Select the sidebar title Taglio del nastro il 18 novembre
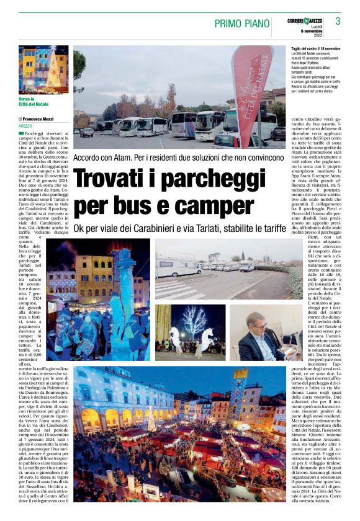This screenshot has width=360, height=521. pyautogui.click(x=315, y=48)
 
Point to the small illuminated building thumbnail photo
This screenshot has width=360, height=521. pyautogui.click(x=43, y=69)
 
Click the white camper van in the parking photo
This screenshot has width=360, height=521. pyautogui.click(x=177, y=267)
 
